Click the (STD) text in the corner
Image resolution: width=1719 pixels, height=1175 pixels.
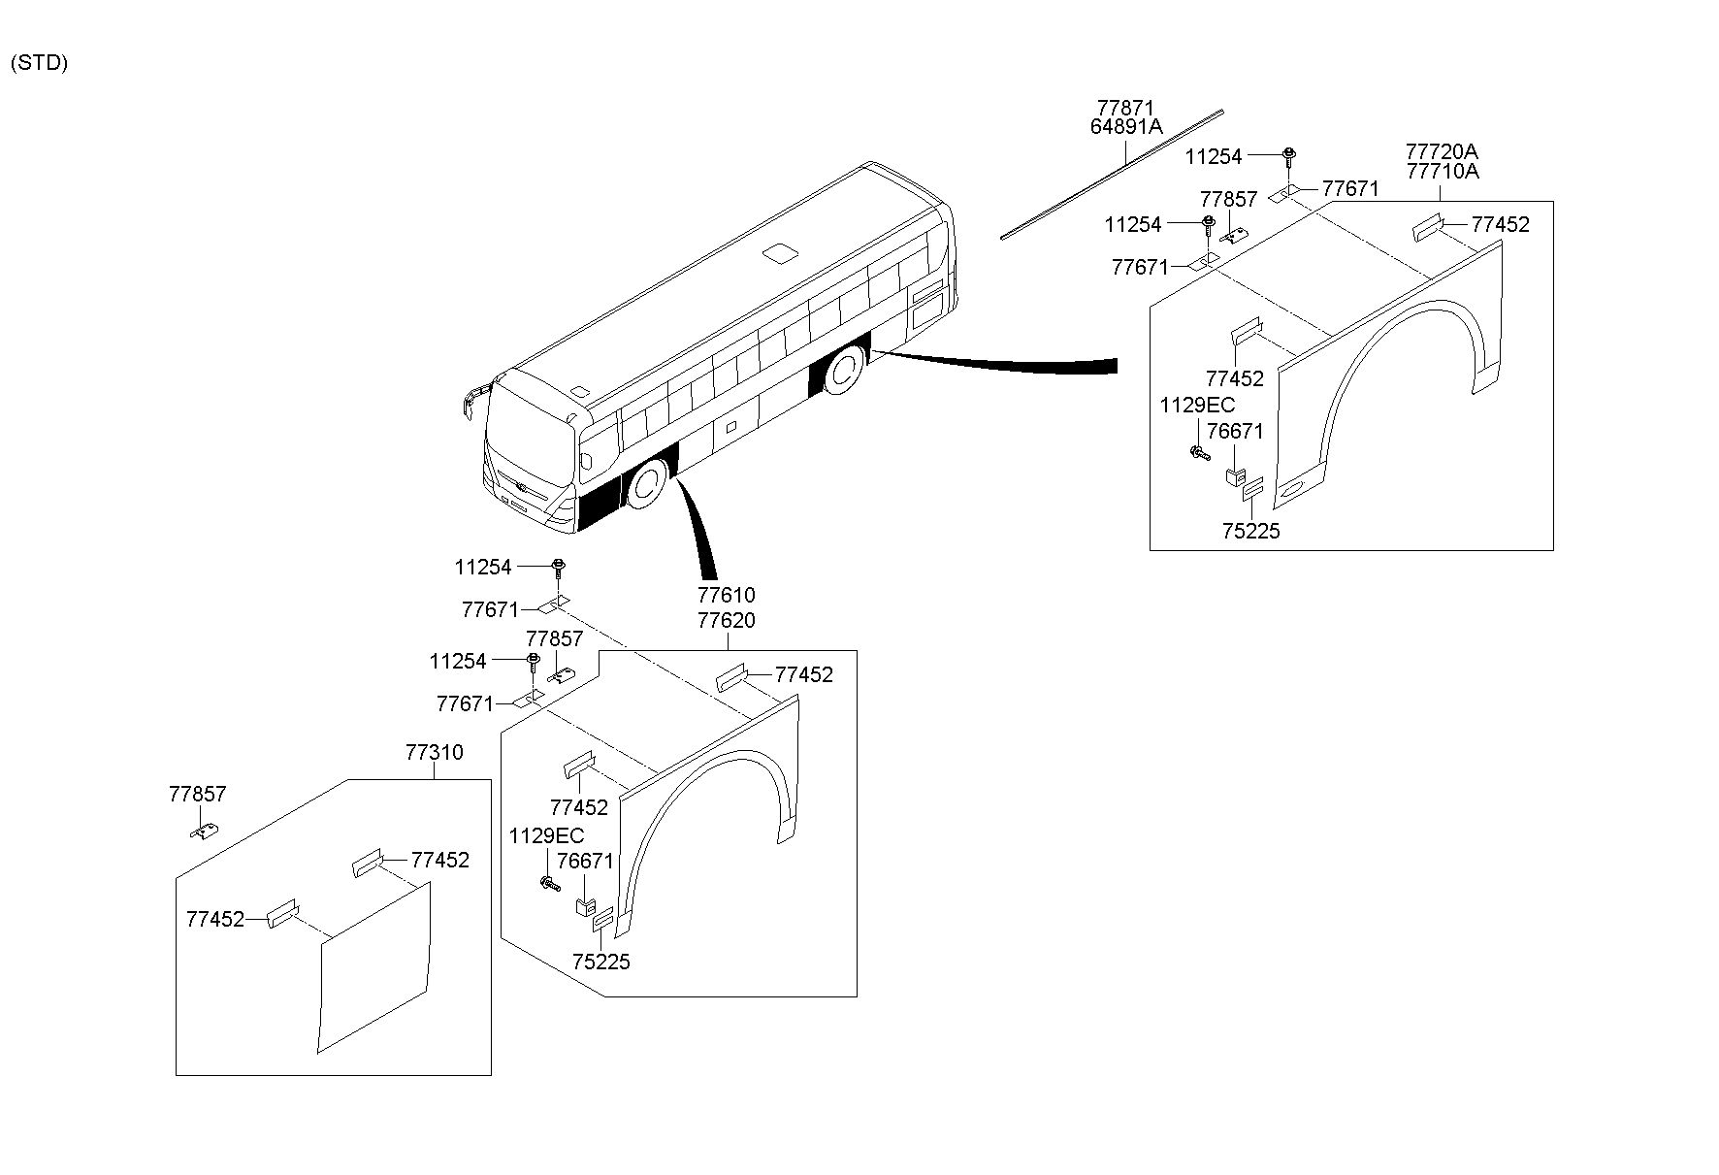[39, 64]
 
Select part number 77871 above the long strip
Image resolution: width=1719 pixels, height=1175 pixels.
[1125, 107]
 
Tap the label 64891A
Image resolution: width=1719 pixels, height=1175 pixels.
[1125, 126]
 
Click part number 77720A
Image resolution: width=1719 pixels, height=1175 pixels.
[1442, 151]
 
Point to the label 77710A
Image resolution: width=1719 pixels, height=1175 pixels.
[1442, 172]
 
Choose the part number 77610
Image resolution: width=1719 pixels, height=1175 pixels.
[727, 595]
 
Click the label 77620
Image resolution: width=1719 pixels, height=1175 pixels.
[727, 620]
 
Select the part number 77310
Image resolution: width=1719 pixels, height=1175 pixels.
[434, 752]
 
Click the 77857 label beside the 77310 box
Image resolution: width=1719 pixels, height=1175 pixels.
[197, 794]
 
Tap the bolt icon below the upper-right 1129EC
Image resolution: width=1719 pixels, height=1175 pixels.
[1200, 452]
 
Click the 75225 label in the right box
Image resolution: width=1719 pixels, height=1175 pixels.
[1250, 531]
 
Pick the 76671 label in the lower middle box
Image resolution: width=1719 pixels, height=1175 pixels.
[585, 861]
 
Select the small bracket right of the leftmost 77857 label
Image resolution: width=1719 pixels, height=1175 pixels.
[205, 831]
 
